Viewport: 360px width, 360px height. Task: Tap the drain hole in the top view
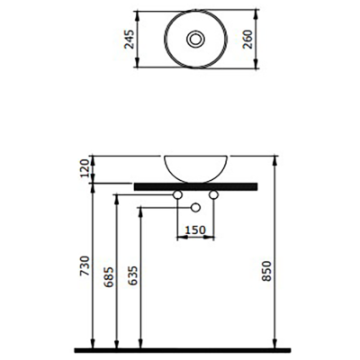[193, 40]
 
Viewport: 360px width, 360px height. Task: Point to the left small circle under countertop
[177, 195]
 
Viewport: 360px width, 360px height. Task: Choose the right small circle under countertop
[214, 195]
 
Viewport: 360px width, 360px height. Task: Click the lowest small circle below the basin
[194, 208]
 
